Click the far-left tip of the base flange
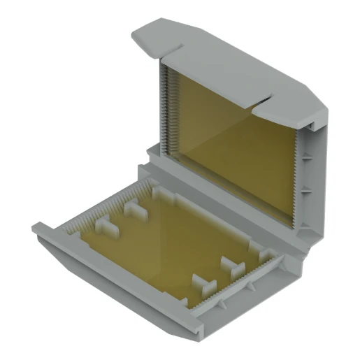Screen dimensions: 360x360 pos(35,227)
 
